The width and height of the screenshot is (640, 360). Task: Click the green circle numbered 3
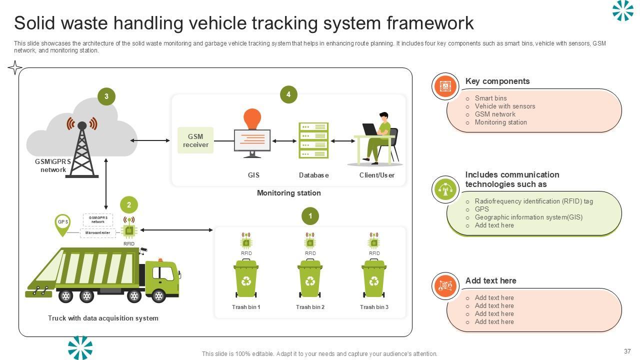(x=106, y=96)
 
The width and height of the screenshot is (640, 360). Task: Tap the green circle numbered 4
(x=288, y=94)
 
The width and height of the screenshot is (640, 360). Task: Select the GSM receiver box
(x=195, y=140)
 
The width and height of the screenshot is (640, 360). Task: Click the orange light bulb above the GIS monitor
(x=252, y=119)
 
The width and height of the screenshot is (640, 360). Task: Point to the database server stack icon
(x=313, y=140)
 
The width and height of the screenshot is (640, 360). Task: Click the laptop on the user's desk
(x=370, y=129)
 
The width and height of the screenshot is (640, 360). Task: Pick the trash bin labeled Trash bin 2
(x=310, y=278)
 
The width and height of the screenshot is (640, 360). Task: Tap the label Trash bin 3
(x=374, y=307)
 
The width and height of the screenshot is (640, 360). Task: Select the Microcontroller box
(x=98, y=233)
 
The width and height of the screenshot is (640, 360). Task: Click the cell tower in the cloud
(x=82, y=147)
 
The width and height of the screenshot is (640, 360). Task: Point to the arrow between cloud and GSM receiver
(x=150, y=140)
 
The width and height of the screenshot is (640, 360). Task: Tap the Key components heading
(x=497, y=81)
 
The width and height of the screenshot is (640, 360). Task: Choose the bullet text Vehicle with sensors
(x=504, y=106)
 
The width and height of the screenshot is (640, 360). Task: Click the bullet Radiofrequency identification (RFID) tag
(x=533, y=201)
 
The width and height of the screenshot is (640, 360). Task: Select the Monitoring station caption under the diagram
(x=288, y=193)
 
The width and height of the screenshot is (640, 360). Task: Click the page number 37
(x=627, y=351)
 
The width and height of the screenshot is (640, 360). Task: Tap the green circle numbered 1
(x=310, y=216)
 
